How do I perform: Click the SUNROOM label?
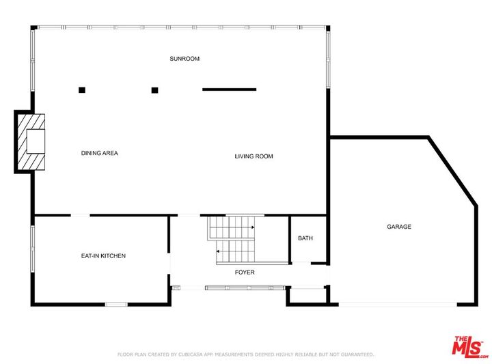(x=184, y=59)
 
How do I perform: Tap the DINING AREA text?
(x=100, y=153)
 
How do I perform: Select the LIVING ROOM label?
(x=254, y=156)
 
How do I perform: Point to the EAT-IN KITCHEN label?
(x=103, y=256)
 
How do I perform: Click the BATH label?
(x=305, y=238)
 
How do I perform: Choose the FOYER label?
(x=245, y=272)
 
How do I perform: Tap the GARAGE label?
(x=399, y=227)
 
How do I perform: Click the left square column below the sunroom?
(x=82, y=90)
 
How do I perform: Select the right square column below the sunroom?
(x=154, y=90)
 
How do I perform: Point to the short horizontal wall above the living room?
(x=230, y=89)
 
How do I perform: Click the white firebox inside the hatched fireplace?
(x=36, y=141)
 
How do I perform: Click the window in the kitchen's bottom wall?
(x=116, y=305)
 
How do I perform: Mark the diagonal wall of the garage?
(x=453, y=171)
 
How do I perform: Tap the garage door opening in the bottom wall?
(x=398, y=305)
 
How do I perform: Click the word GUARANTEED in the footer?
(x=357, y=354)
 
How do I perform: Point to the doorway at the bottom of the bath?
(x=301, y=263)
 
